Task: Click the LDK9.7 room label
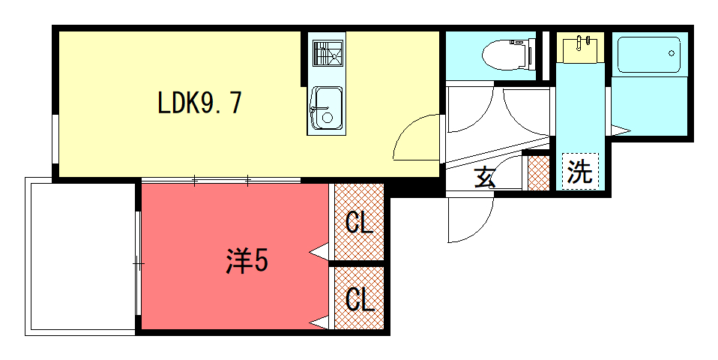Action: pyautogui.click(x=199, y=103)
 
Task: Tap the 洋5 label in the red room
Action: pyautogui.click(x=247, y=260)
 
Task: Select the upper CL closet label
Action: pyautogui.click(x=359, y=223)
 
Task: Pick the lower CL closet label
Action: pyautogui.click(x=360, y=299)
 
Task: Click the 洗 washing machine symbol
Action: pyautogui.click(x=579, y=170)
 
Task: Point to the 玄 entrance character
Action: pyautogui.click(x=485, y=177)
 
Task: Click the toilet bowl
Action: pyautogui.click(x=504, y=55)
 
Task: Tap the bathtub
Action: pyautogui.click(x=648, y=54)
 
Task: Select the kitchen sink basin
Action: pyautogui.click(x=326, y=108)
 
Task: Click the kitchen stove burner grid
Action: pyautogui.click(x=328, y=53)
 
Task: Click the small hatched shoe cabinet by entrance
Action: pyautogui.click(x=538, y=173)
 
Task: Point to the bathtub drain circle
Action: pyautogui.click(x=672, y=53)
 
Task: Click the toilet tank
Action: pyautogui.click(x=531, y=54)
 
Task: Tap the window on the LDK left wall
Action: pyautogui.click(x=55, y=139)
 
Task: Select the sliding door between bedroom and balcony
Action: pyautogui.click(x=138, y=263)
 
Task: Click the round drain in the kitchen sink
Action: pyautogui.click(x=328, y=117)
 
